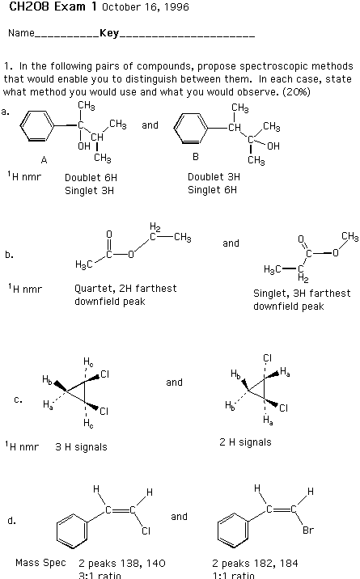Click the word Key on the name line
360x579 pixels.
pos(109,33)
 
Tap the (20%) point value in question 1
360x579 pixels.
pos(296,91)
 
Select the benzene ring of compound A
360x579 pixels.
pos(37,125)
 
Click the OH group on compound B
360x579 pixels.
pos(273,146)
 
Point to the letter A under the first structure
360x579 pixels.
pos(44,160)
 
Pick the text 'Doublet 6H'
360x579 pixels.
pos(91,178)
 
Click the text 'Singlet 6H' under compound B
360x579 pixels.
pos(212,190)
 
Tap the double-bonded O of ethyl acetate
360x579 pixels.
pos(109,235)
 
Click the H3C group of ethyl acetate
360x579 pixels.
pos(84,264)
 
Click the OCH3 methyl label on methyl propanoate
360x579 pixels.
pos(349,236)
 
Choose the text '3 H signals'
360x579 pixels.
pos(81,447)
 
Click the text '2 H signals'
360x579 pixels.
pos(245,442)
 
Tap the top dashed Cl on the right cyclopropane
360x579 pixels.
pos(267,357)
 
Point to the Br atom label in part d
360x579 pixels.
pos(308,530)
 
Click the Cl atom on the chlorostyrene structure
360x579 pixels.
pos(146,531)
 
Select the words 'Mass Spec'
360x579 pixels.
pos(40,563)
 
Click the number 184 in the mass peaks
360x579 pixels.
pos(289,564)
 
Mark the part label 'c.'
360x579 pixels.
pos(18,399)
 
